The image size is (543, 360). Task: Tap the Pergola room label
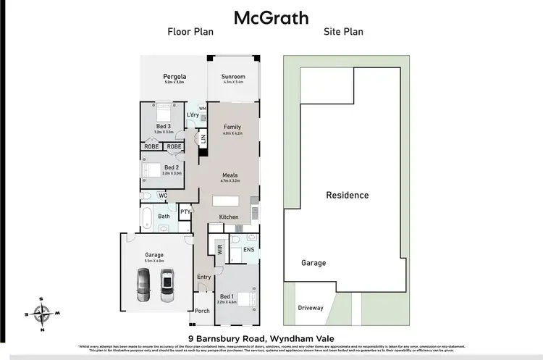pos(174,77)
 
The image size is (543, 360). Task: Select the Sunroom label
pos(233,77)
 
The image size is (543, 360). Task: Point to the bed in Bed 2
pos(153,171)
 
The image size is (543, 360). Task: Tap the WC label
pos(163,196)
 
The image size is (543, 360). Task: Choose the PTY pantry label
pos(185,212)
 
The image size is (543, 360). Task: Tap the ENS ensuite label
pos(248,250)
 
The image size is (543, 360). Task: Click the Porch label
pos(202,311)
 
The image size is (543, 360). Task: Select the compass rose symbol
pos(43,312)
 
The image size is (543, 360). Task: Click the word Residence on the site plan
pos(347,195)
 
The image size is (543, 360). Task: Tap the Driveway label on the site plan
pos(310,308)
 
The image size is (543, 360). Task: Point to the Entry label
pos(203,277)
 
